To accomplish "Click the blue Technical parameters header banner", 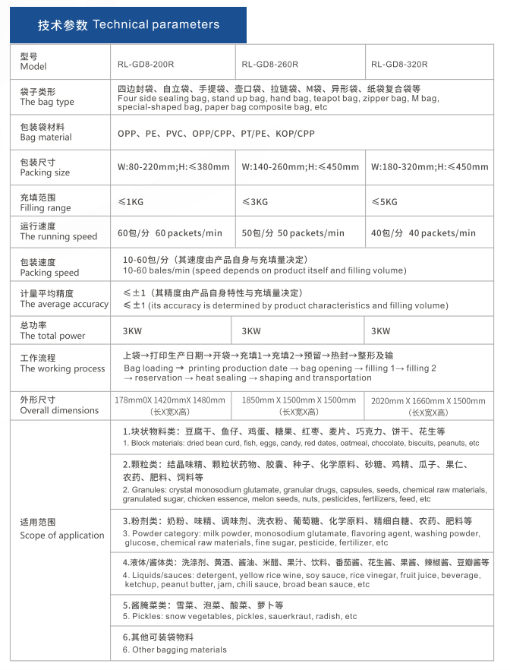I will [128, 24].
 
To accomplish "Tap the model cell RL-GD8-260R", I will [270, 65].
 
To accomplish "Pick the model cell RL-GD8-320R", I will [399, 65].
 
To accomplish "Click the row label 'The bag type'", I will [47, 102].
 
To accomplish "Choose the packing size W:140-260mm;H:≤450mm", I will [301, 167].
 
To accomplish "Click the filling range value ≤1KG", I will [130, 202].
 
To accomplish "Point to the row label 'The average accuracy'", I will [65, 304].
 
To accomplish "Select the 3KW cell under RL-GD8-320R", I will [380, 331].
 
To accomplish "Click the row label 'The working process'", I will [62, 368].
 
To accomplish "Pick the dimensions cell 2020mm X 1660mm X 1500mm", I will [427, 400].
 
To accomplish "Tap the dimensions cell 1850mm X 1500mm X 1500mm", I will [298, 400].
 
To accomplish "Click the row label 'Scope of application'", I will [62, 535].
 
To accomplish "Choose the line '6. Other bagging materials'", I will [175, 649].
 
